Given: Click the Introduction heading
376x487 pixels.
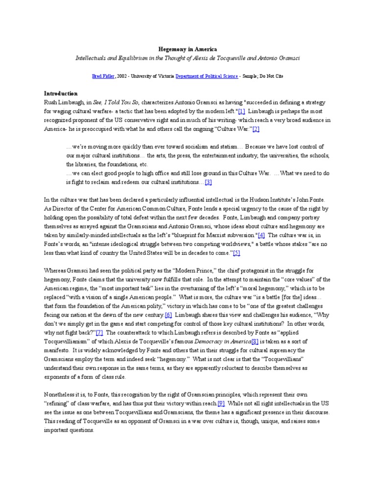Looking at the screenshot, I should pos(61,93).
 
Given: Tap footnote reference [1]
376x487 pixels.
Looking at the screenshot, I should pos(241,111).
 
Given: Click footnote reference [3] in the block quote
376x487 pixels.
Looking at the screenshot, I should pos(208,182).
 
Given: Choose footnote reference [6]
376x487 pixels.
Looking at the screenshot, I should pos(168,314).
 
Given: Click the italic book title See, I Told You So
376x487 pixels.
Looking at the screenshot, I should pos(117,102).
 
